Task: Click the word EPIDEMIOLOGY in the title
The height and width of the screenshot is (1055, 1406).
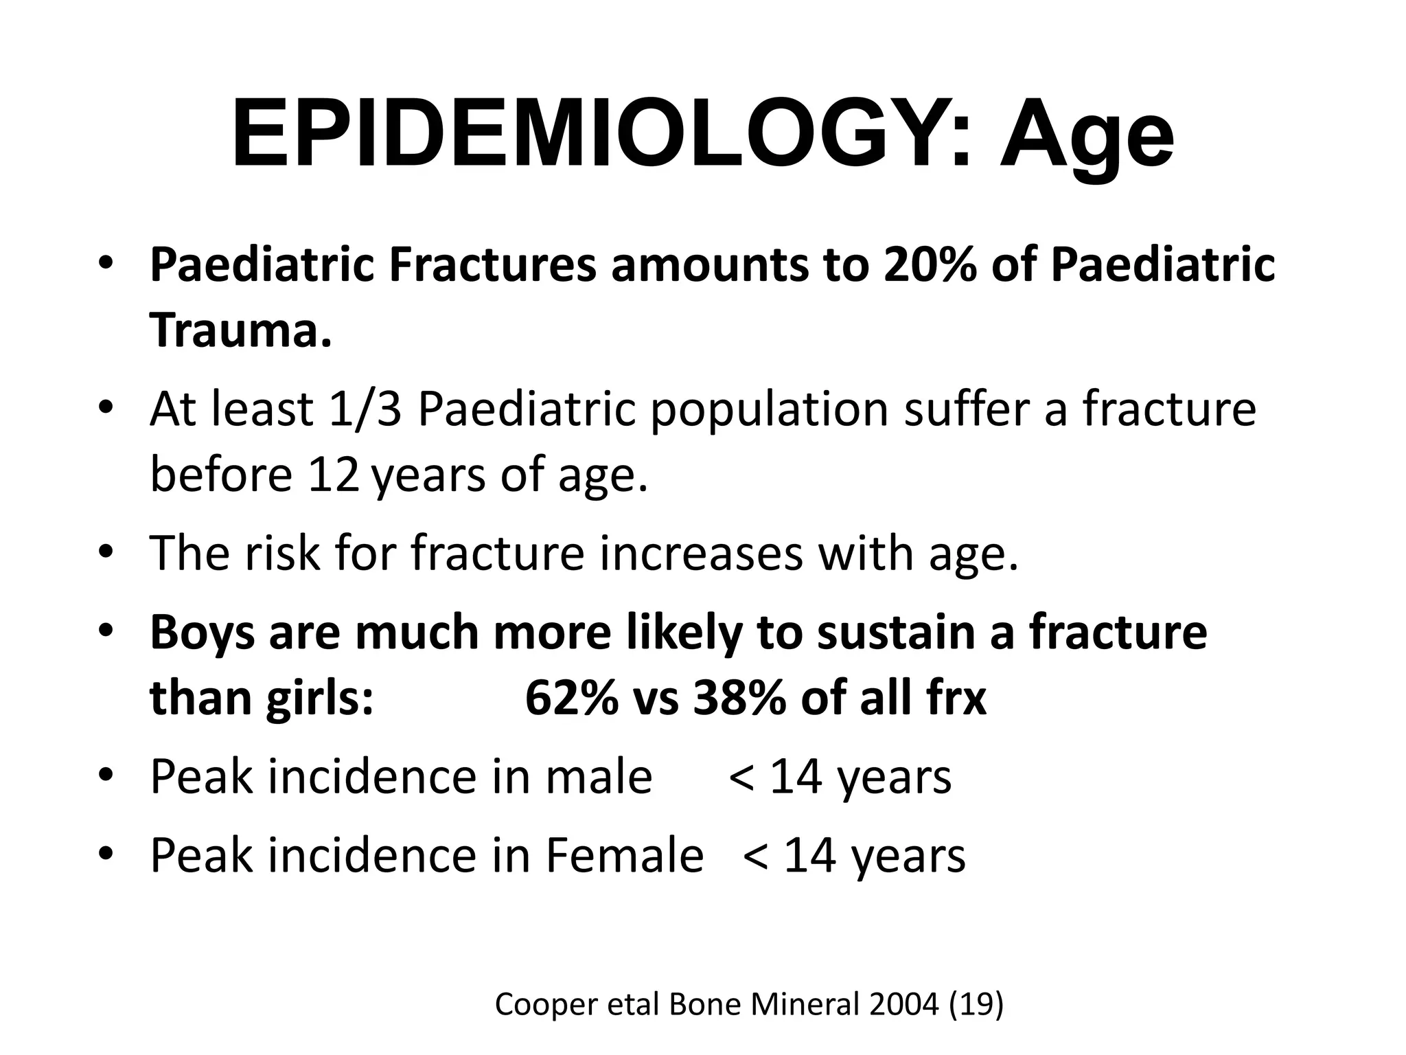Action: click(601, 134)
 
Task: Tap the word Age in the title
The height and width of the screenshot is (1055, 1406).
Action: click(1086, 137)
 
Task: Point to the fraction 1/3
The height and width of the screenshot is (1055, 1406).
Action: click(365, 409)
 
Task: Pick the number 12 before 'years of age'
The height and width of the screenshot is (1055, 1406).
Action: click(333, 475)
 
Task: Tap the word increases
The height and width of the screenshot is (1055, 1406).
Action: click(700, 553)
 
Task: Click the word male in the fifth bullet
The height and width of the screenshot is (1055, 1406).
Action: click(599, 777)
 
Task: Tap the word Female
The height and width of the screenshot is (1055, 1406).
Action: click(625, 855)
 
